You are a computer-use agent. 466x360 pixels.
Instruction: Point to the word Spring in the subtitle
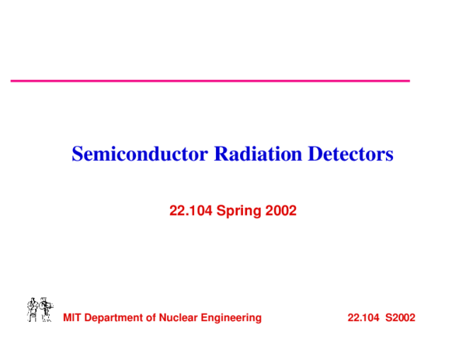coord(239,210)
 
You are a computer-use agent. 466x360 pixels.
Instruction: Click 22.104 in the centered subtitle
coord(191,209)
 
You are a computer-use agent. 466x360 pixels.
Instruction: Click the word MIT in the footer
coord(71,317)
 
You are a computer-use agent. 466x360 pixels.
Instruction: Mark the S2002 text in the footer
coord(401,317)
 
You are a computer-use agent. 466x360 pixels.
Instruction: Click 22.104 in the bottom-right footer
coord(363,317)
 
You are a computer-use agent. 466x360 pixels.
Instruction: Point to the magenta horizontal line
coord(210,80)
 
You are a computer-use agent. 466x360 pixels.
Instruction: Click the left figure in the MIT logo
coord(33,309)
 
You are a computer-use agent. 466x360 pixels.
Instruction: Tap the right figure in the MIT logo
coord(47,309)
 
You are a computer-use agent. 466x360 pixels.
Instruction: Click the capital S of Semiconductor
coord(77,154)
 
